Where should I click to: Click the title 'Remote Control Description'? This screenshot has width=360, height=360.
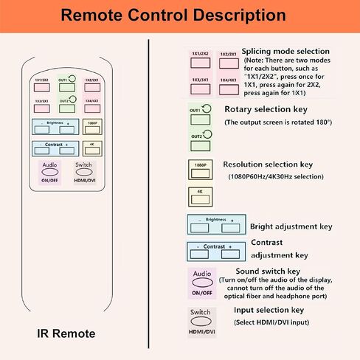tap(180, 15)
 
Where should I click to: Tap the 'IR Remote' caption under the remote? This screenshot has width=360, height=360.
tap(66, 333)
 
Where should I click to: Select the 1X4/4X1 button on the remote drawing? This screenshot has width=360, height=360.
tap(91, 108)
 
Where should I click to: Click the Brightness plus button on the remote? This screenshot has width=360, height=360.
tap(69, 128)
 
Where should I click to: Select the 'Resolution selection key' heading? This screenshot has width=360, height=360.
tap(264, 165)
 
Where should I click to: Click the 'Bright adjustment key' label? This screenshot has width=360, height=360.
tap(291, 226)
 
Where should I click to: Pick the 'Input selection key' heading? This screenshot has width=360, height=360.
tap(269, 311)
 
